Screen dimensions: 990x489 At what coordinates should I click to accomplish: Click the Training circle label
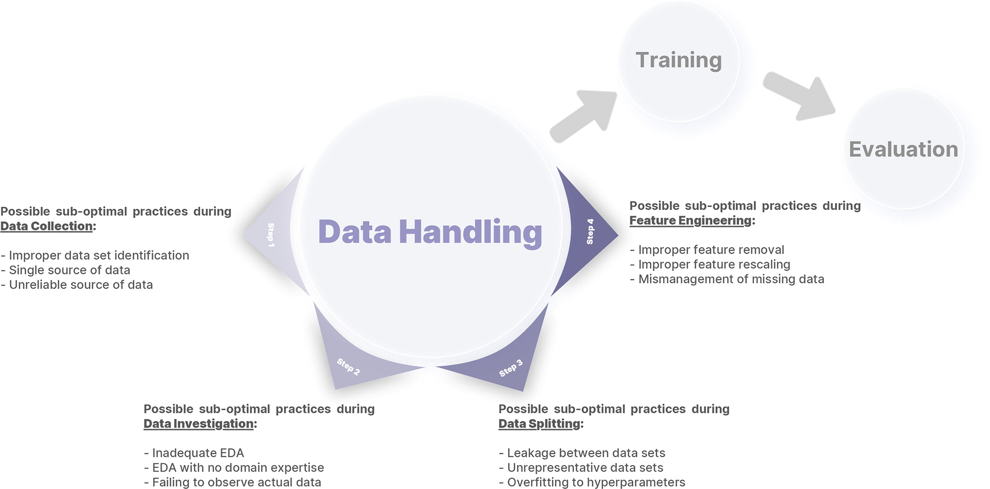[x=679, y=61]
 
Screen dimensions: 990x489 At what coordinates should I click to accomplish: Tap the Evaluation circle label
[x=904, y=149]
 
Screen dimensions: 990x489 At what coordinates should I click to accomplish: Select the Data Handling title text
[x=430, y=232]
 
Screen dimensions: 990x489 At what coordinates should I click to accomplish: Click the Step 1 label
[x=271, y=235]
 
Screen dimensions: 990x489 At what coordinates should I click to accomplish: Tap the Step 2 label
[x=348, y=366]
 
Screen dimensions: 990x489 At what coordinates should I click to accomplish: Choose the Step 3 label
[x=511, y=368]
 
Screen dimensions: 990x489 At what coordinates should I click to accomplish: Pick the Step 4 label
[x=590, y=231]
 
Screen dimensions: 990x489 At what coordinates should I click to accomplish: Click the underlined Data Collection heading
[x=47, y=226]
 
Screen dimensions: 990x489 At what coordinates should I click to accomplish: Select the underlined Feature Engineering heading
[x=690, y=221]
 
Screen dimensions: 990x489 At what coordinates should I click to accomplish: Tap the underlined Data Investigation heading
[x=199, y=424]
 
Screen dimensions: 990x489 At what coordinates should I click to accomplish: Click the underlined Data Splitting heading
[x=539, y=424]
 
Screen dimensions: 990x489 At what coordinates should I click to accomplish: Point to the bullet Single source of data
[x=66, y=270]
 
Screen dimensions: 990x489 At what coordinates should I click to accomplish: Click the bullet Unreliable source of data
[x=77, y=285]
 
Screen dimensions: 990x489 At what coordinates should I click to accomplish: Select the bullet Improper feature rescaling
[x=710, y=265]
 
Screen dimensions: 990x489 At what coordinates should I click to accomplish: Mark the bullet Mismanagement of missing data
[x=727, y=279]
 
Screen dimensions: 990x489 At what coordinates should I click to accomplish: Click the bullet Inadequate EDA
[x=194, y=453]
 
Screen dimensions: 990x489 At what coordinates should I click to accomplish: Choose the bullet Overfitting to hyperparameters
[x=592, y=483]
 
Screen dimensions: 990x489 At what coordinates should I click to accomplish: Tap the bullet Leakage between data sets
[x=582, y=453]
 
